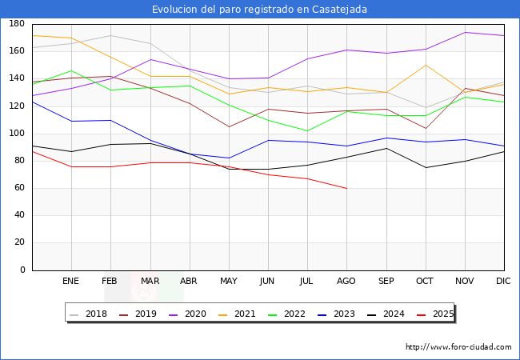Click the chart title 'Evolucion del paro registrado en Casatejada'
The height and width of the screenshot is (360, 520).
tap(260, 9)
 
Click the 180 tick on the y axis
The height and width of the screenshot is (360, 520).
tap(16, 25)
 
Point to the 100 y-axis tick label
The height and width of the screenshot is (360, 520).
tap(16, 134)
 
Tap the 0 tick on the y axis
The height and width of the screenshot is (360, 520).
tap(22, 270)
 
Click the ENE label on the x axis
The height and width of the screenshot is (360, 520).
tap(71, 282)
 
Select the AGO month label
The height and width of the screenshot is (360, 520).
tap(346, 282)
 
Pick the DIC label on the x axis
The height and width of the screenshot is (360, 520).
tap(503, 282)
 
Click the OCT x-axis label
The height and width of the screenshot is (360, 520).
tap(425, 282)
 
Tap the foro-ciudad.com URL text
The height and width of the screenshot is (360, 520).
tap(458, 347)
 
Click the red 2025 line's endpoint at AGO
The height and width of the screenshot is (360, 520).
tap(346, 188)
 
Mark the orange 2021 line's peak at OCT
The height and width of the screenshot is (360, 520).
tap(425, 65)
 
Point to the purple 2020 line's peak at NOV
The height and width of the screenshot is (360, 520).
tap(464, 33)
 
